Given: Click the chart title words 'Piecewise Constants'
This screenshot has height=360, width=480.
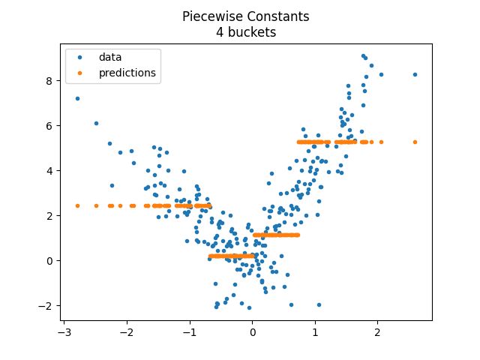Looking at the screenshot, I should click(240, 16).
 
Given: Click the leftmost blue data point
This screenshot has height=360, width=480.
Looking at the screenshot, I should click(77, 98).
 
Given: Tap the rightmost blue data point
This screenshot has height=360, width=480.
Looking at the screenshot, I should click(415, 74).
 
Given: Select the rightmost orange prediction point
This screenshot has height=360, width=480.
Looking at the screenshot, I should click(415, 142).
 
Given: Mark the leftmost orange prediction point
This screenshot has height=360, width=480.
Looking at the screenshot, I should click(77, 205).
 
